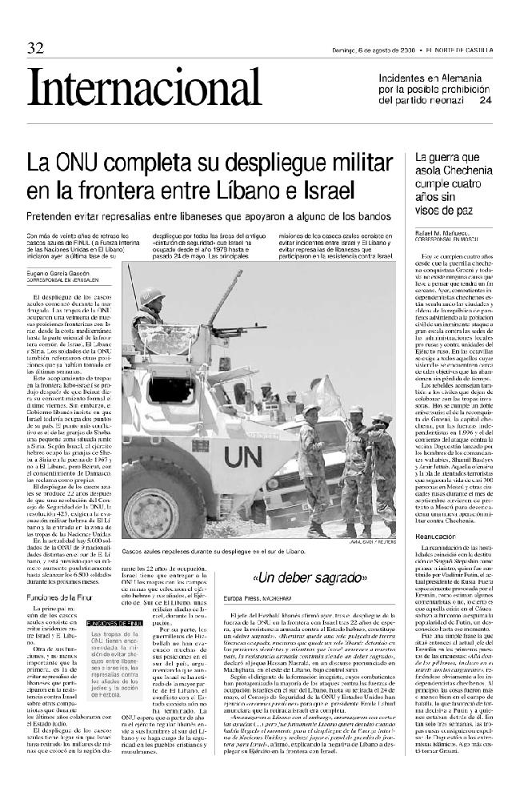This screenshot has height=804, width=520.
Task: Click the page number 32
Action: pyautogui.click(x=34, y=48)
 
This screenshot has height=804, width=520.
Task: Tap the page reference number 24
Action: pyautogui.click(x=485, y=101)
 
